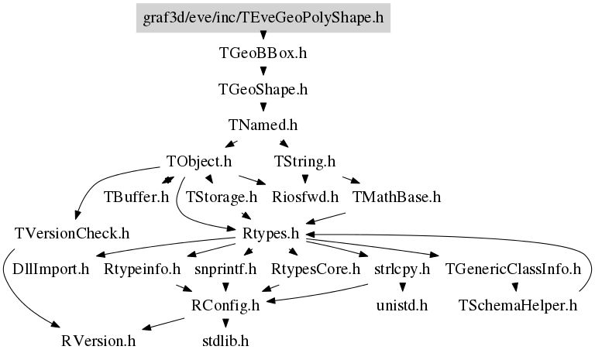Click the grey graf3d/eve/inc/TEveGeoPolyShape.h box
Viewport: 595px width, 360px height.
[263, 18]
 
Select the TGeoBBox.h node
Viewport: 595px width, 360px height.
[263, 53]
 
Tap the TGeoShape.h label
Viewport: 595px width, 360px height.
[263, 90]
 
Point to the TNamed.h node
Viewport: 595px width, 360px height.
[263, 125]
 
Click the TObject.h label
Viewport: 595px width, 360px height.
[199, 162]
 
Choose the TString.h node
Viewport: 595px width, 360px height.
[305, 162]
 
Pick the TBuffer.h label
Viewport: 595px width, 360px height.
[136, 197]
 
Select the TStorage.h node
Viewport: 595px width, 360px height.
[222, 197]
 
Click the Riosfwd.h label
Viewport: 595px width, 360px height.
[305, 197]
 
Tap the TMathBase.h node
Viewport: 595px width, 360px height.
[397, 197]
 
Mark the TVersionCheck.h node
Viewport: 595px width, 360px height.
[72, 234]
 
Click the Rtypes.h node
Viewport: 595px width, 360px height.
[271, 234]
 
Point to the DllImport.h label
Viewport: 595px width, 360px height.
[51, 269]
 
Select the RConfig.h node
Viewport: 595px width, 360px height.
[225, 305]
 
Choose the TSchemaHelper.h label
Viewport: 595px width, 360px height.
[518, 305]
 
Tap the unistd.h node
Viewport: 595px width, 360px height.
[402, 305]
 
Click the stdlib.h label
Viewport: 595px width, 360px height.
[225, 341]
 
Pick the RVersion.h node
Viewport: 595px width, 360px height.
[98, 341]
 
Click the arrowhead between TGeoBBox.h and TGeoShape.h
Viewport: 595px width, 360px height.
[263, 71]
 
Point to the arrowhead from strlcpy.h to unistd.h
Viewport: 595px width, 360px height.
[402, 287]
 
